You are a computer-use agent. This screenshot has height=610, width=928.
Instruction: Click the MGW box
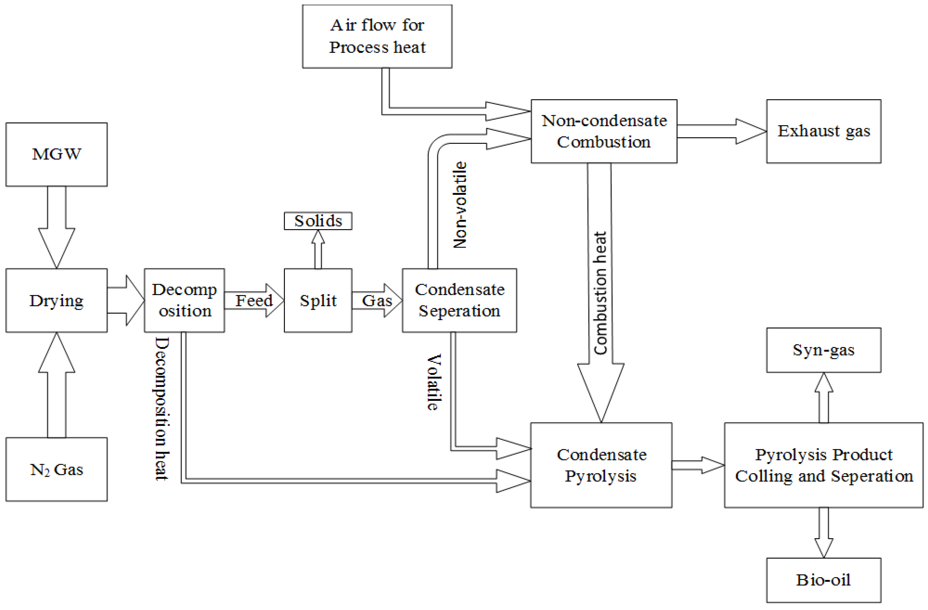57,154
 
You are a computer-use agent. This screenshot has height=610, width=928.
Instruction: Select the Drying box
57,300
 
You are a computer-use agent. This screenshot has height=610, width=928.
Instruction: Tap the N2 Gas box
57,469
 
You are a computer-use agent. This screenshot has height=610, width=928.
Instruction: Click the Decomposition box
184,300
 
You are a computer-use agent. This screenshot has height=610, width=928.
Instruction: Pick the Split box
318,300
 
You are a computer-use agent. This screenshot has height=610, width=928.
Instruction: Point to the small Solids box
318,221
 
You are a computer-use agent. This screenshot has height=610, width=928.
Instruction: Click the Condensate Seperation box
459,300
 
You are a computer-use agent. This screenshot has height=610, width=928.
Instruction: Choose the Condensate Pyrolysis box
601,465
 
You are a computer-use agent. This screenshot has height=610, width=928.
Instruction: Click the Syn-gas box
824,350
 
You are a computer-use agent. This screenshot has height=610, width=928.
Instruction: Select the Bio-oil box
824,580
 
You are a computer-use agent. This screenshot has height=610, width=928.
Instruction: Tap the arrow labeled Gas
377,300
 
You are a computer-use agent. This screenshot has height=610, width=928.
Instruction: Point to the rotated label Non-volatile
460,205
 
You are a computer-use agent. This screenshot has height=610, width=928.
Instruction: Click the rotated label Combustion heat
600,293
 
